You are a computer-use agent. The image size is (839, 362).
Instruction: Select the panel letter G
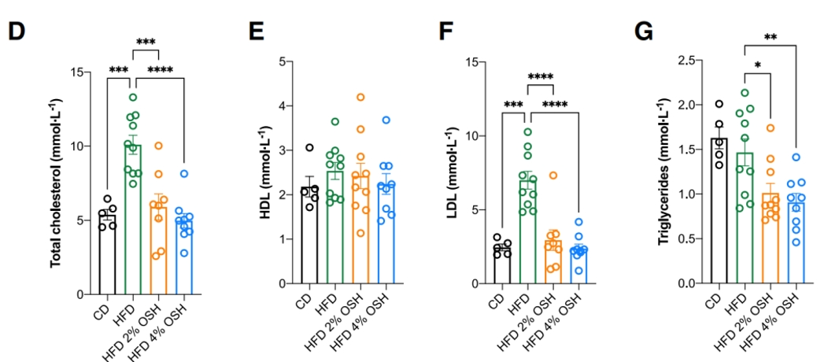coord(644,31)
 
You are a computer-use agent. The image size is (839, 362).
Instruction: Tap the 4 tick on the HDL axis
coord(290,106)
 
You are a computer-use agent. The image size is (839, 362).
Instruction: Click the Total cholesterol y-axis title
coord(56,183)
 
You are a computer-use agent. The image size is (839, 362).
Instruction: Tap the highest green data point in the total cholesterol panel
coord(133,98)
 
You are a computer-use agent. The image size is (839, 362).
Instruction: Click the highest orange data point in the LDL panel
coord(553,175)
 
